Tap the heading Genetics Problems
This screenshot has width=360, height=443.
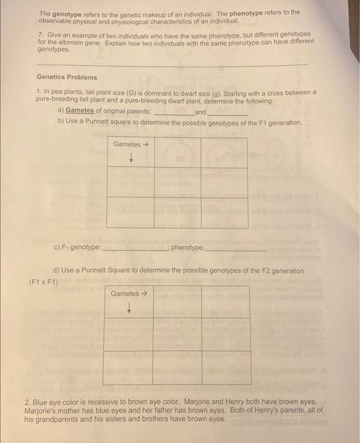67,77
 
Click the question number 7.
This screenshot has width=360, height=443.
40,34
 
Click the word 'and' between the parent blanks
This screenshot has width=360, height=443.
200,111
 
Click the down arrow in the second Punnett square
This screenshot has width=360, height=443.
129,308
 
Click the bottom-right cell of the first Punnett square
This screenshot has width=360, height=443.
224,213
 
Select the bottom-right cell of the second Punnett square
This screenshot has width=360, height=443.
225,367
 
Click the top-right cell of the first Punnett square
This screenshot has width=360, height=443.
224,152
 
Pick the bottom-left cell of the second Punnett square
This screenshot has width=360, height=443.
127,367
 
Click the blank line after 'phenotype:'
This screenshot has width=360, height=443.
235,248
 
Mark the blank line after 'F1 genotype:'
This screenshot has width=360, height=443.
134,248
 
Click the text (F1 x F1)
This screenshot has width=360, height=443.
44,282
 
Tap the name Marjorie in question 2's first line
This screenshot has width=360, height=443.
193,402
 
